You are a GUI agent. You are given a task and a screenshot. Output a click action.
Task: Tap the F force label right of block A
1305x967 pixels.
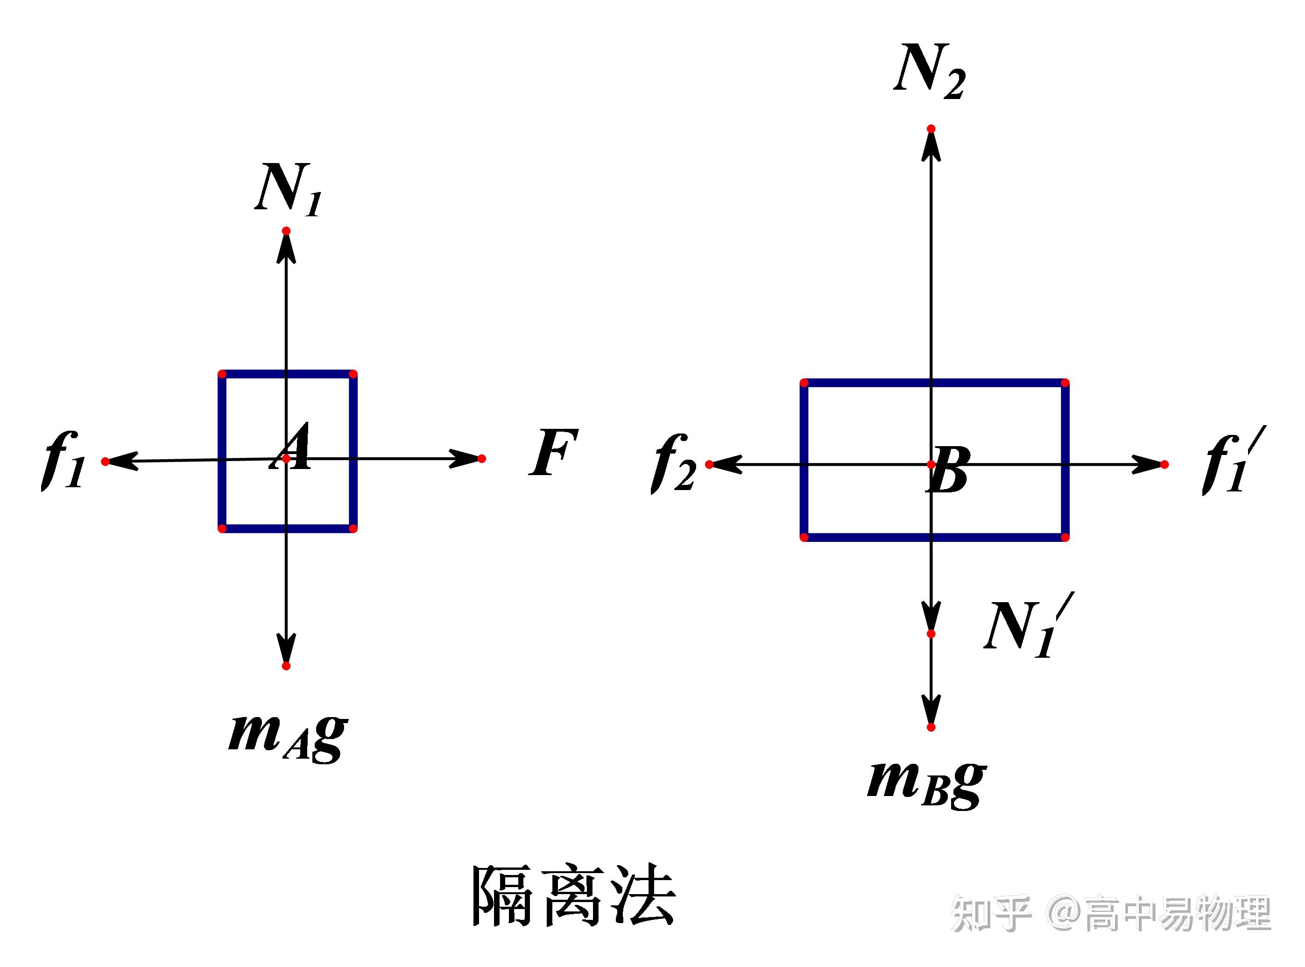[x=553, y=453]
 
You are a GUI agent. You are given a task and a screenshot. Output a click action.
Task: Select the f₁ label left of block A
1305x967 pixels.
[x=63, y=461]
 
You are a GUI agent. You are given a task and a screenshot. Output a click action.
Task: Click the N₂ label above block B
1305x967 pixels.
[x=929, y=71]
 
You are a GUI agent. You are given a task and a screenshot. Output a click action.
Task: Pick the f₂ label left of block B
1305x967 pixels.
[x=673, y=463]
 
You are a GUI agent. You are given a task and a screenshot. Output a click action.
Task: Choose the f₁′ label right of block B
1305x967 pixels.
[x=1227, y=463]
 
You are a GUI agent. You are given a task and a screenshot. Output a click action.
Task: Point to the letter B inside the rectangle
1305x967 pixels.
[x=948, y=470]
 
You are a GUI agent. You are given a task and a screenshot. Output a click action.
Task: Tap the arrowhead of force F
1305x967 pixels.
[x=465, y=458]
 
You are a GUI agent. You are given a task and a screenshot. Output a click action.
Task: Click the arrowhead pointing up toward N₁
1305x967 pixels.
[x=286, y=250]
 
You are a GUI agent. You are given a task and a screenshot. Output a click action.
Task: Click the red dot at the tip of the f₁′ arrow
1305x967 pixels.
[x=1164, y=465]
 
